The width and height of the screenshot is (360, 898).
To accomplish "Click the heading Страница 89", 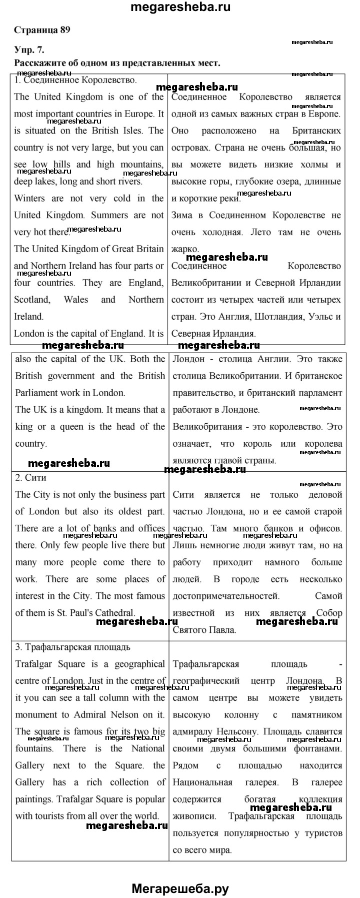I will coord(42,30).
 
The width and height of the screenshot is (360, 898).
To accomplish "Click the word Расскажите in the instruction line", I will coord(39,63).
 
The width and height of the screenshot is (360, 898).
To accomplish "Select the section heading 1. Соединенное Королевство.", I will coord(75,80).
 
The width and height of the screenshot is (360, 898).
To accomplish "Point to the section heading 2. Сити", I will coord(31,478).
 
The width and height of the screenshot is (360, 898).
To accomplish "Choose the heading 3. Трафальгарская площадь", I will coord(73,647).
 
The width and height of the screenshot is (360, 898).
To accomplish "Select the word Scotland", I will coord(32,300).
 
